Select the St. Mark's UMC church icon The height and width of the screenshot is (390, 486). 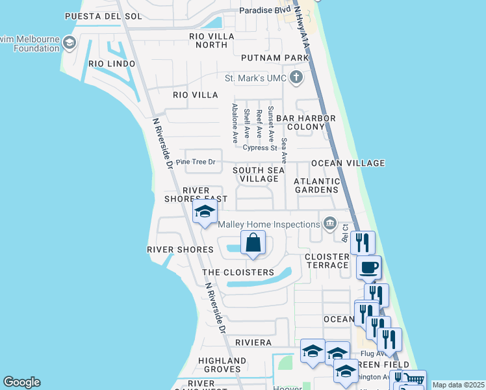coord(296,79)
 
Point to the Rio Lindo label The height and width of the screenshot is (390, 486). coord(112,64)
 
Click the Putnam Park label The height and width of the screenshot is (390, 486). coord(274,58)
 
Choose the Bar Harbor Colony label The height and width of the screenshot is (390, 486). coord(306,122)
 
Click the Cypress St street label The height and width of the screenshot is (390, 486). coord(260,148)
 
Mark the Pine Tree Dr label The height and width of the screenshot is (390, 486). coord(195,162)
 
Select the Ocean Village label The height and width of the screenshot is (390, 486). coord(348,163)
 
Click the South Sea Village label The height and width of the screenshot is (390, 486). coord(259,174)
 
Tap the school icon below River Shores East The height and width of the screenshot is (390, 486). coord(205,211)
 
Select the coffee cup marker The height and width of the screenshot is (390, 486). coord(368,266)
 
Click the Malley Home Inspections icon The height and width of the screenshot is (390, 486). coord(330,224)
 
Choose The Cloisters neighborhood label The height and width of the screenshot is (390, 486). coord(238,272)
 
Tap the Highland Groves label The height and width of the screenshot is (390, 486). coord(222,365)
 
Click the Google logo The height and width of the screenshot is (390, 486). coord(22,382)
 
